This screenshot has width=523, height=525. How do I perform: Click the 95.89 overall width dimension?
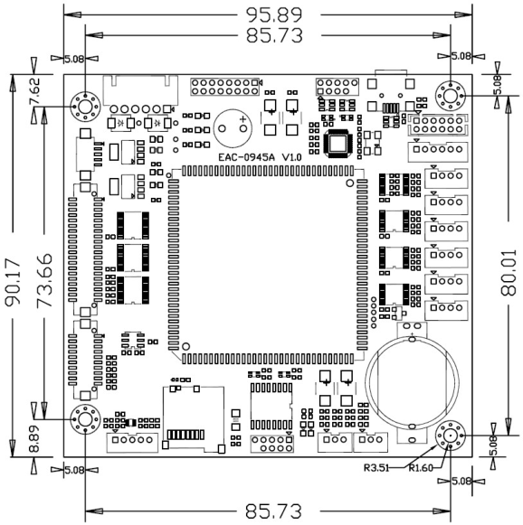tap(274, 14)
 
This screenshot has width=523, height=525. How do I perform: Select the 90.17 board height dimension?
tap(13, 282)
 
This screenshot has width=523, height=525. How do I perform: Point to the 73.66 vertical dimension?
tap(44, 280)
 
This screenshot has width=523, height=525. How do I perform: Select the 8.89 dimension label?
tap(34, 438)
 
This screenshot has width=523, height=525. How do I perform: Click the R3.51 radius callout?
tap(376, 467)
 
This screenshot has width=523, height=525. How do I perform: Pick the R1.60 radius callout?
tap(421, 467)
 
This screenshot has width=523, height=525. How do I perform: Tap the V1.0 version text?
tap(291, 157)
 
